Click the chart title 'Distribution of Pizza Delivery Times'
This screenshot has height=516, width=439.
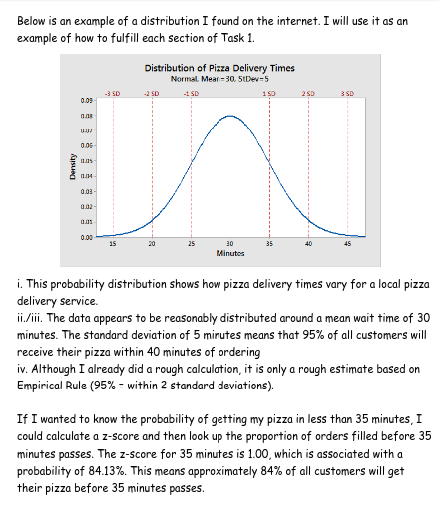(219, 67)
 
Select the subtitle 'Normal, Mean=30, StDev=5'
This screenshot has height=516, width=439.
(219, 77)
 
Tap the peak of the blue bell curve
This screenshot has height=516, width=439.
(229, 116)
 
